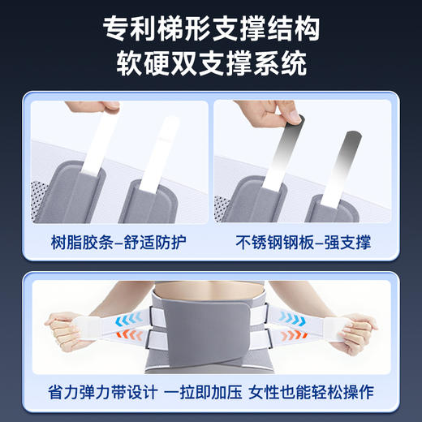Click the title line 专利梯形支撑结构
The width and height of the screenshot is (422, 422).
[211, 29]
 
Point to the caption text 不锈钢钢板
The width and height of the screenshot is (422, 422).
[272, 241]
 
